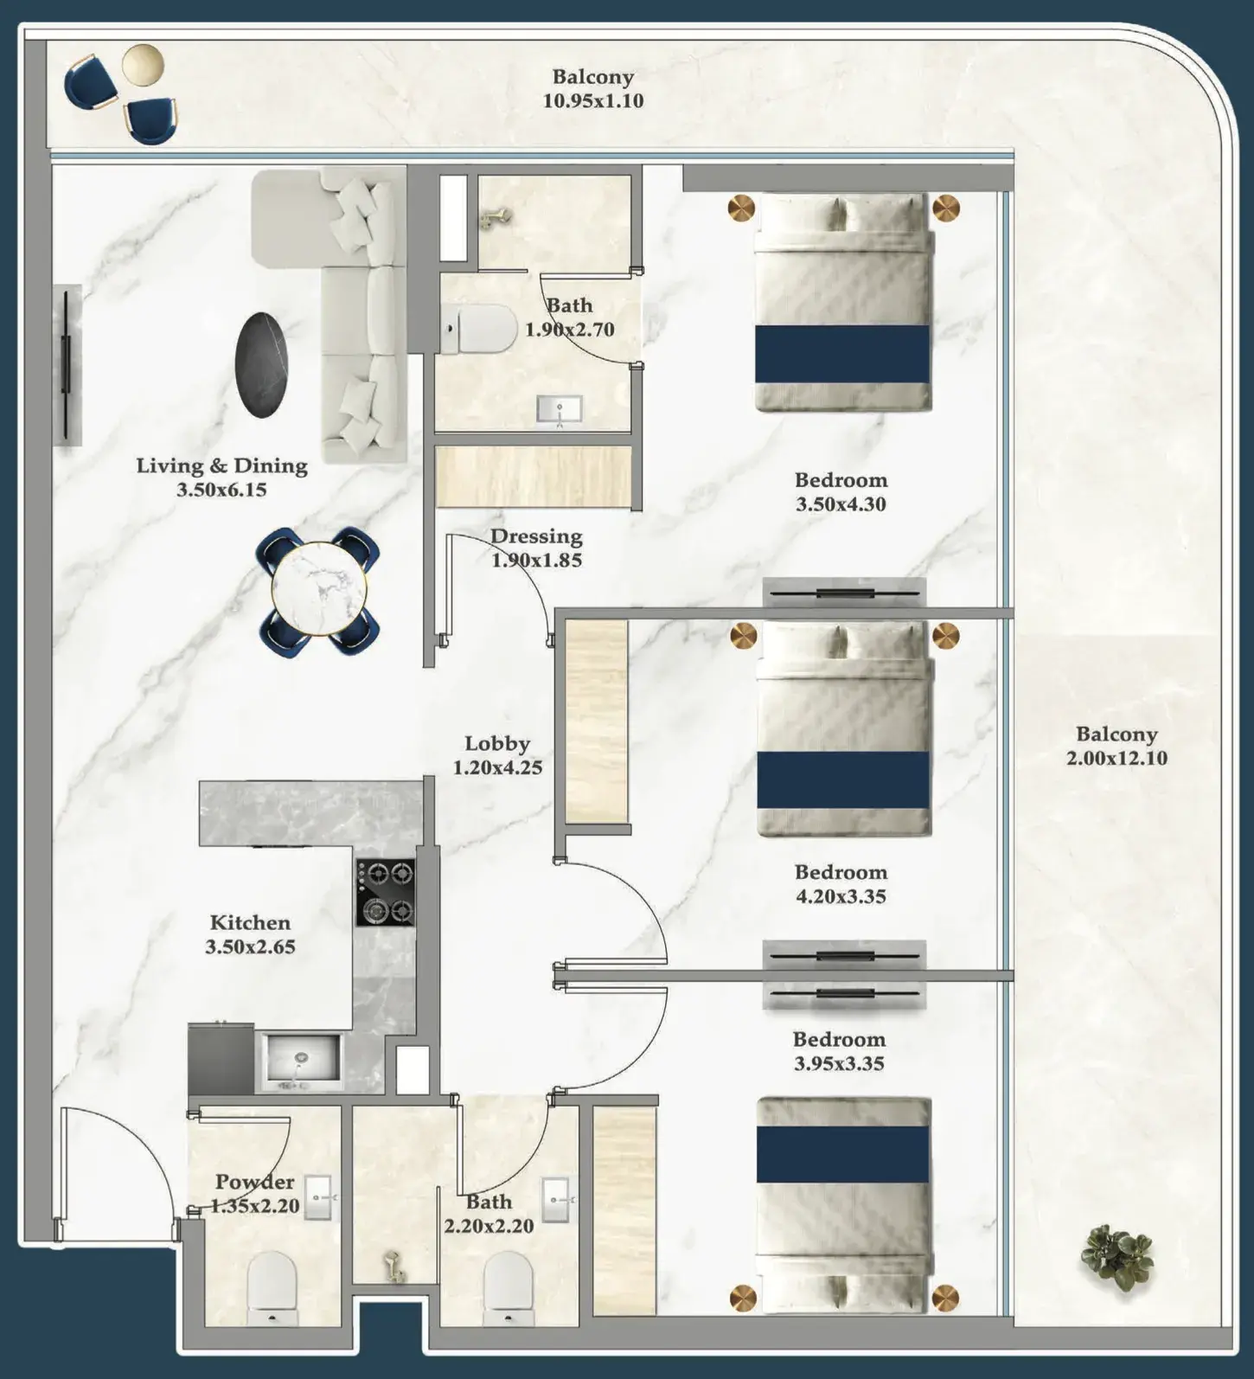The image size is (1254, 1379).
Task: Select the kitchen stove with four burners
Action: coord(385,892)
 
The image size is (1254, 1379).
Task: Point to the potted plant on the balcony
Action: coord(1120,1257)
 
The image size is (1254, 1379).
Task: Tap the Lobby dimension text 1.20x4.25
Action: coord(497,767)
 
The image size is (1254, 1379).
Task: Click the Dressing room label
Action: coord(536,536)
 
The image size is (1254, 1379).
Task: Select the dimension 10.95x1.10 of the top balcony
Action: coord(593,100)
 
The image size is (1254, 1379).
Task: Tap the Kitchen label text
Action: coord(250,922)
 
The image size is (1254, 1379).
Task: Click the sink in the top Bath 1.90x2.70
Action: coord(560,409)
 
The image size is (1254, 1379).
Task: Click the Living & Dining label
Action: coord(222,465)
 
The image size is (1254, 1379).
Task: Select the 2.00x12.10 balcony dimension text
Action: coord(1116,759)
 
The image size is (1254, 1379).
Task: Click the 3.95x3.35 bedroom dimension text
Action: coord(839,1064)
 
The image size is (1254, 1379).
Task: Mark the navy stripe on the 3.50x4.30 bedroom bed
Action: coord(842,354)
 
